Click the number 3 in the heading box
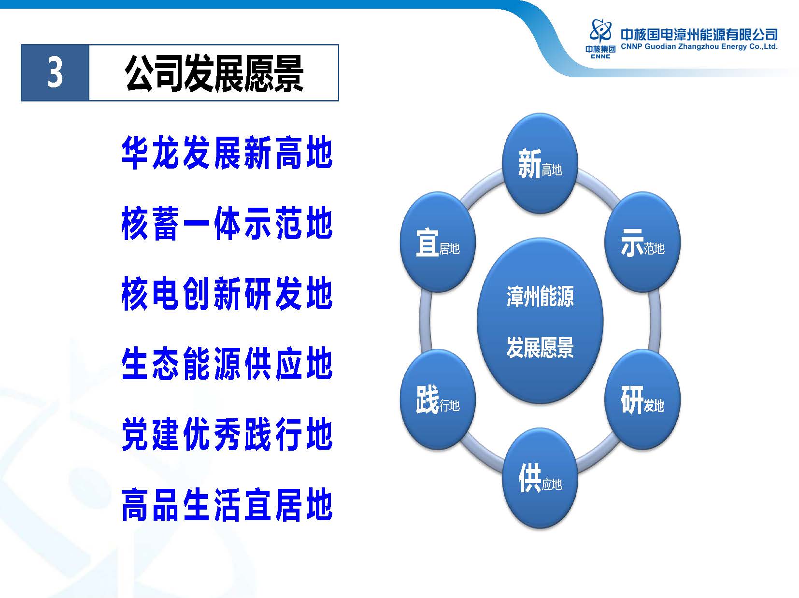pyautogui.click(x=55, y=73)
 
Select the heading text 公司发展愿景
pyautogui.click(x=214, y=73)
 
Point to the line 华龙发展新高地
pyautogui.click(x=227, y=153)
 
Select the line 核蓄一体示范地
pyautogui.click(x=227, y=223)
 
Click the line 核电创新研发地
pyautogui.click(x=227, y=293)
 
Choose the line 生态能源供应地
pyautogui.click(x=227, y=364)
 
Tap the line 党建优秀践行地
pyautogui.click(x=227, y=434)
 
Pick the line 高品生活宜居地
pyautogui.click(x=227, y=505)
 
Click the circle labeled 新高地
pyautogui.click(x=540, y=163)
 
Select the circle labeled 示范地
pyautogui.click(x=642, y=242)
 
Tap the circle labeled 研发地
pyautogui.click(x=642, y=399)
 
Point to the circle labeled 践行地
pyautogui.click(x=438, y=399)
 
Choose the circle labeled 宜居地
pyautogui.click(x=438, y=242)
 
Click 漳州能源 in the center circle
pyautogui.click(x=540, y=296)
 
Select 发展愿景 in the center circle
pyautogui.click(x=540, y=347)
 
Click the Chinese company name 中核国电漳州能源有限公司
pyautogui.click(x=699, y=34)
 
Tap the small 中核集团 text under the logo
pyautogui.click(x=600, y=49)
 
